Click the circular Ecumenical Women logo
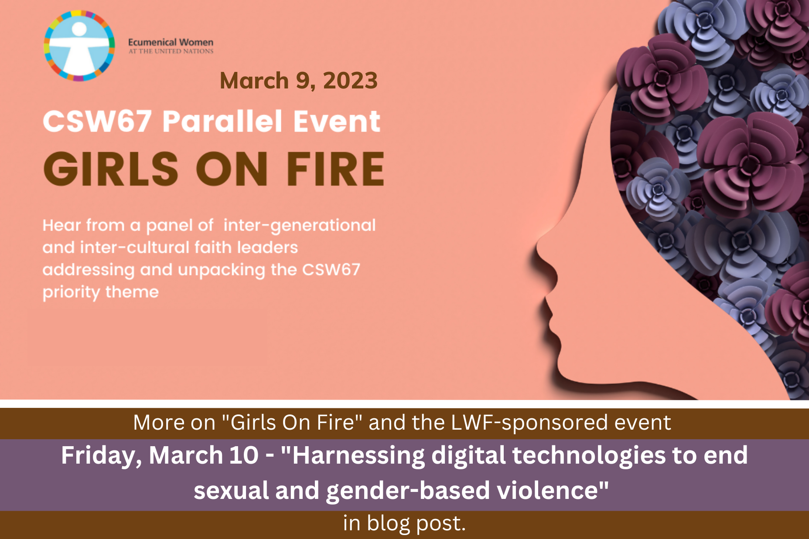click(79, 46)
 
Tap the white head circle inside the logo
click(79, 29)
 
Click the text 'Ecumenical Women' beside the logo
click(171, 42)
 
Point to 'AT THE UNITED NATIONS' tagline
click(171, 51)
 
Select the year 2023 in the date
click(350, 81)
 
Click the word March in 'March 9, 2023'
click(254, 81)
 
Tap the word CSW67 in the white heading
click(97, 121)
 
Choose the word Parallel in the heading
click(222, 121)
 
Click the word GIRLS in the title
click(111, 169)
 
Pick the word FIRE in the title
click(335, 169)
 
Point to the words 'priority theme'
click(101, 292)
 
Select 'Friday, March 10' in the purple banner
click(160, 456)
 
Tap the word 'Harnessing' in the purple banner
click(358, 456)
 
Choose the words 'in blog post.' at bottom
click(404, 523)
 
